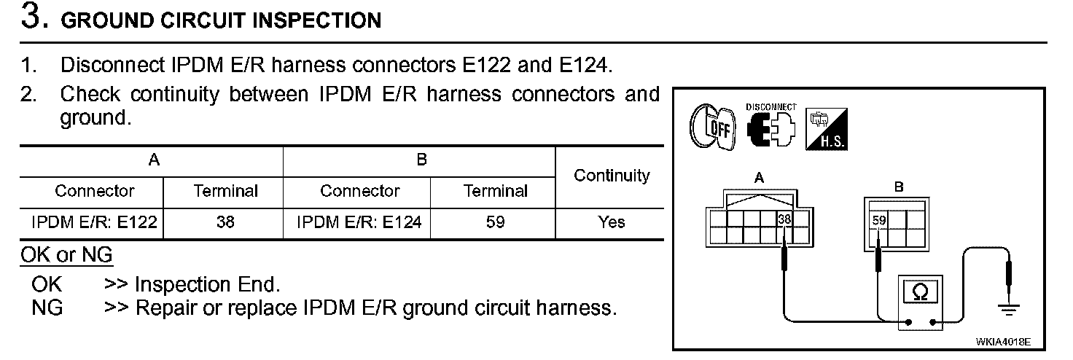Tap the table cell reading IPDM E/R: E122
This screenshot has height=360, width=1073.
point(94,222)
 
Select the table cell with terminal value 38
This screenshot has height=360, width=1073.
point(225,222)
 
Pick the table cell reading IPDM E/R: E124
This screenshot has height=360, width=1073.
point(359,222)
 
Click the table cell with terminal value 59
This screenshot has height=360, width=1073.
point(495,222)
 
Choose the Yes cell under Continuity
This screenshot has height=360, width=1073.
point(611,222)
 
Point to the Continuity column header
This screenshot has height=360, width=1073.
point(612,176)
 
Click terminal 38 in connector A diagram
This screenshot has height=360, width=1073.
point(784,218)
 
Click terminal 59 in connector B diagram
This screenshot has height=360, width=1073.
point(878,218)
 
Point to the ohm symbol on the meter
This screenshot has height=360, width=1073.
point(921,292)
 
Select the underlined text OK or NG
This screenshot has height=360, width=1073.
point(66,256)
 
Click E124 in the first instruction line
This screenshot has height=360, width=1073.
point(582,65)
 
